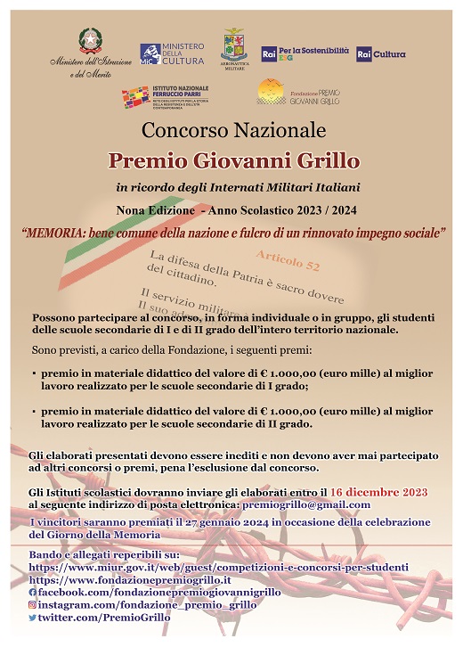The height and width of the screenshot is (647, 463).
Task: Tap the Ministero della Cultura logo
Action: click(172, 54)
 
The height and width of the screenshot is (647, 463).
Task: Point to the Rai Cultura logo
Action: click(381, 54)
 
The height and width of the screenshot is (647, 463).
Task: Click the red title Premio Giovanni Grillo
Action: click(234, 161)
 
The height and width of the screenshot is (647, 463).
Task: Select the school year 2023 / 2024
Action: click(316, 209)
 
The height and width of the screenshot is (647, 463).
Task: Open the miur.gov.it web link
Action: click(218, 566)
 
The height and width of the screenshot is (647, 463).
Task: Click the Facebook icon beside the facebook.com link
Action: click(33, 592)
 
